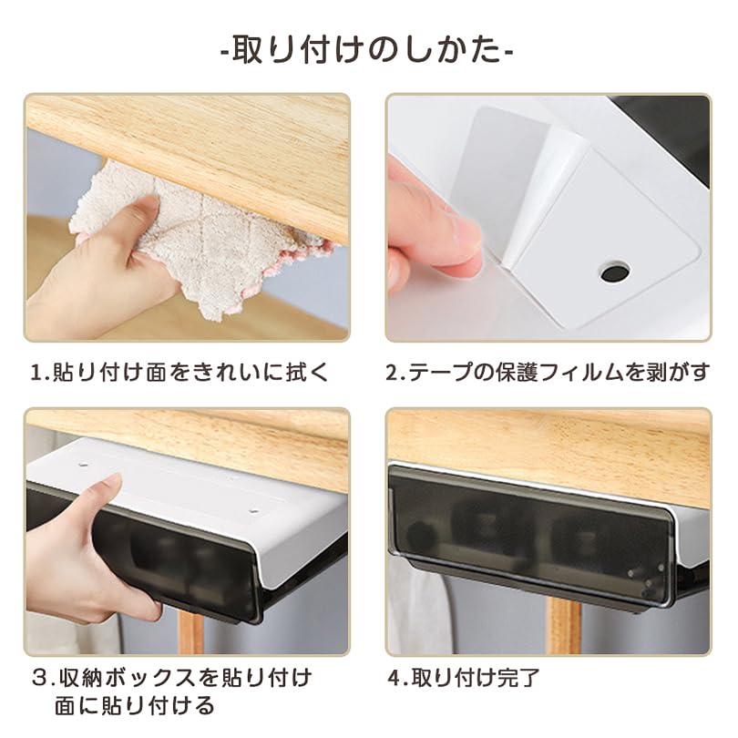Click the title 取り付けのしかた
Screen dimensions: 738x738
pyautogui.click(x=368, y=48)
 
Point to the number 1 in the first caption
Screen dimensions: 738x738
pyautogui.click(x=37, y=373)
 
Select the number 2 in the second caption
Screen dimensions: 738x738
pyautogui.click(x=394, y=373)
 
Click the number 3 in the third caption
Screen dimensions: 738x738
pyautogui.click(x=37, y=678)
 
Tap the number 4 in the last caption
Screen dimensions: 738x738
pyautogui.click(x=394, y=678)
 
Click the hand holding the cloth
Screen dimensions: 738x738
pyautogui.click(x=109, y=273)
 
